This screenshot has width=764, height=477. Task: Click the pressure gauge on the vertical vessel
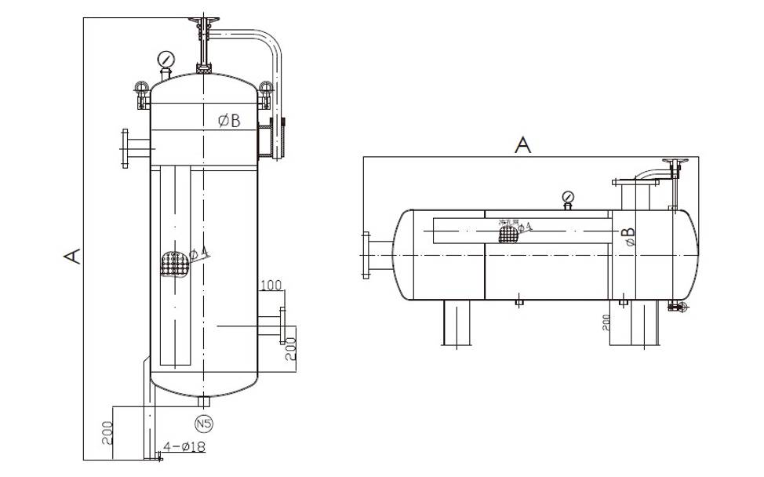(x=166, y=60)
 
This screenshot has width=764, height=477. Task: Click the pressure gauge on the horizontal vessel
(x=568, y=197)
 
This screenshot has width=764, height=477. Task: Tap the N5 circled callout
(x=204, y=424)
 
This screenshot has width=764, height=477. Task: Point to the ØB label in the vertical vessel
(x=229, y=120)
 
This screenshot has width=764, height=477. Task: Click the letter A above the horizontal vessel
(x=523, y=144)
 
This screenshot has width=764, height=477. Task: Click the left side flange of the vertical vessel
(x=124, y=149)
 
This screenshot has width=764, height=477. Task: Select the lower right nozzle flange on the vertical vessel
(x=282, y=326)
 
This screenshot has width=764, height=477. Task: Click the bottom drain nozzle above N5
(x=204, y=402)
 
